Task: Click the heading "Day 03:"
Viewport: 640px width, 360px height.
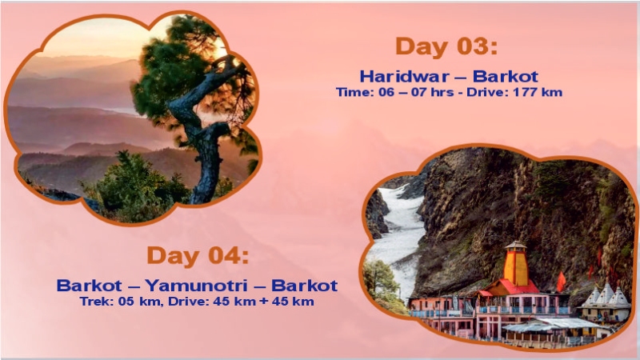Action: (x=446, y=46)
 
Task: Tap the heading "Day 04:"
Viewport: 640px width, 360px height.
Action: (x=197, y=256)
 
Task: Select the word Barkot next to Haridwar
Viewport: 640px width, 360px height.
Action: (x=506, y=77)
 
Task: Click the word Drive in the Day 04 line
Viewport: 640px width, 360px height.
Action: (x=185, y=302)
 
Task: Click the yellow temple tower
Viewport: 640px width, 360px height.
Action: (x=516, y=265)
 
